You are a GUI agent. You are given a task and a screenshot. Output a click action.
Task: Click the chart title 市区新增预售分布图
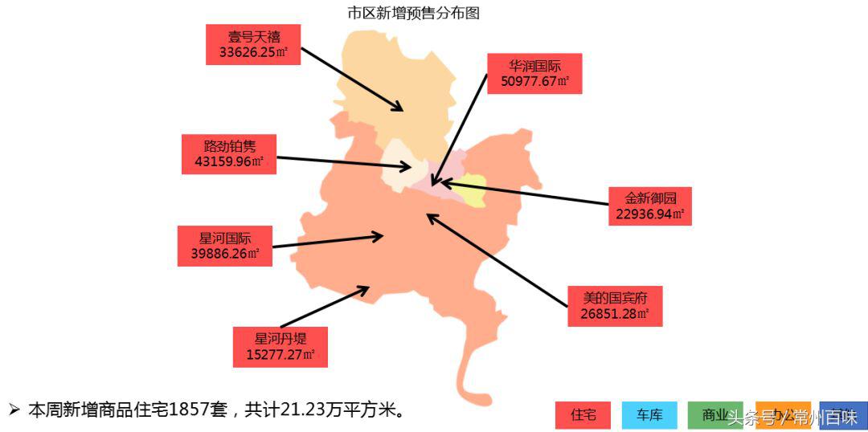point(413,13)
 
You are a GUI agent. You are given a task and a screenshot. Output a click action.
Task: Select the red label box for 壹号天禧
point(252,44)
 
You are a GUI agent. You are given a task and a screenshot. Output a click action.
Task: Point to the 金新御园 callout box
point(649,206)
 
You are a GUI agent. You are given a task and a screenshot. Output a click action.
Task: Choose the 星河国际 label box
point(225,246)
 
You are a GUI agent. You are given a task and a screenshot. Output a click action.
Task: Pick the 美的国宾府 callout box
point(615,306)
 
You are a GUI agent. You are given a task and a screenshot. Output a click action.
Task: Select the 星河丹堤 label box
point(280,347)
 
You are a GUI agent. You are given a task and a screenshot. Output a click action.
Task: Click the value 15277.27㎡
point(280,354)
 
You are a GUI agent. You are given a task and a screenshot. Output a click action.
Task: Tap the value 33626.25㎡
point(252,52)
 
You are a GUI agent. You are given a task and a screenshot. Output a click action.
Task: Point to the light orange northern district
point(394,88)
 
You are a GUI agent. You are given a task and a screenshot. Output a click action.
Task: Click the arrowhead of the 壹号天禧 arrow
point(399,108)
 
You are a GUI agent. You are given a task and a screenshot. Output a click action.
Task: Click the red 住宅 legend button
point(583,415)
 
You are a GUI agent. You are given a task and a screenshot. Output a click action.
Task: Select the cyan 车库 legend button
point(649,415)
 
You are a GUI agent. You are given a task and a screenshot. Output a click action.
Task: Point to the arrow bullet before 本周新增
point(14,410)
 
